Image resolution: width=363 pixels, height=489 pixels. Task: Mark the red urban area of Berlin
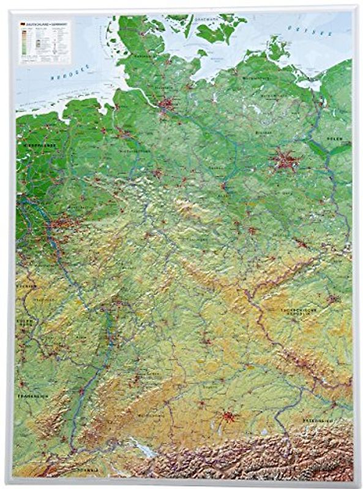tap(285, 161)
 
